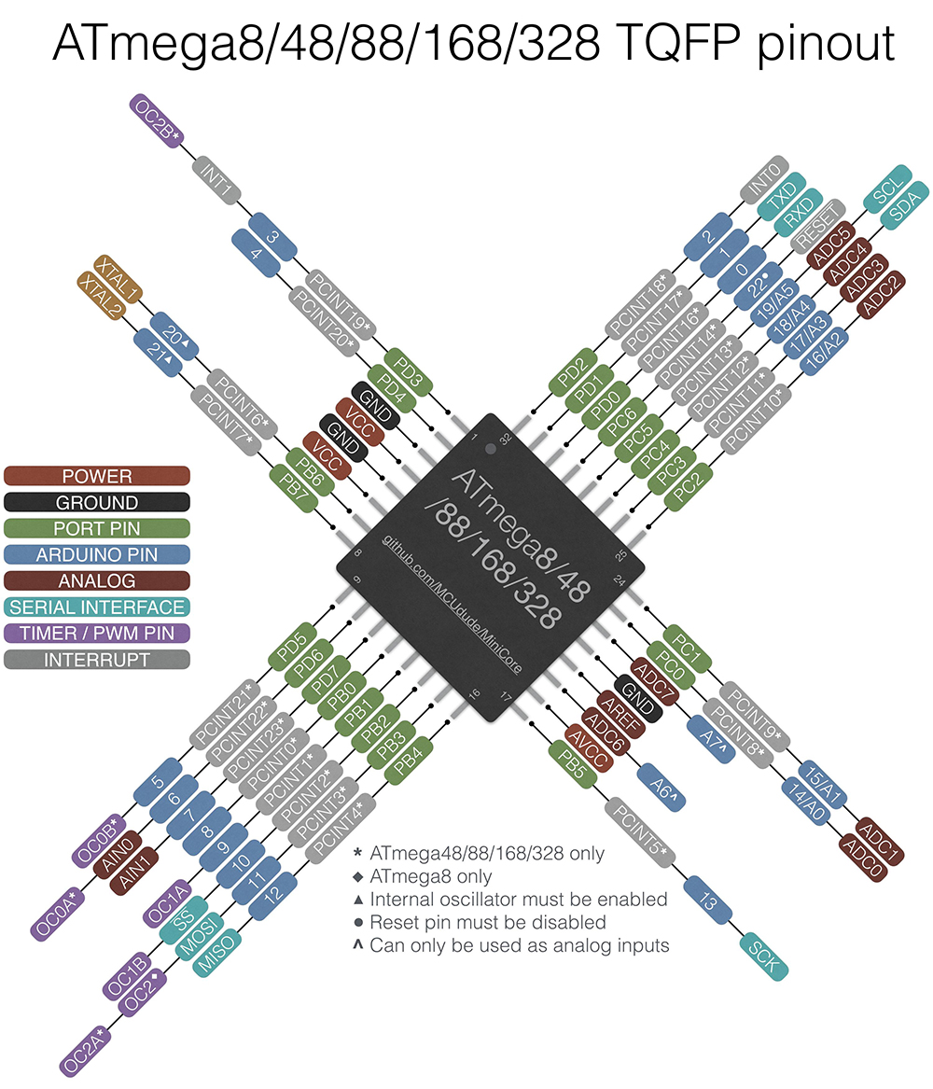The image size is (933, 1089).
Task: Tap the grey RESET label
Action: pyautogui.click(x=817, y=226)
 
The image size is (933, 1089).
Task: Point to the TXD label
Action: pyautogui.click(x=780, y=196)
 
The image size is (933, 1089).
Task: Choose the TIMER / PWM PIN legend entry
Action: pyautogui.click(x=96, y=634)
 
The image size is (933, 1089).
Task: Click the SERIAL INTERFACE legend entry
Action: pyautogui.click(x=96, y=607)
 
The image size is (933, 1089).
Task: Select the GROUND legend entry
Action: pyautogui.click(x=96, y=503)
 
